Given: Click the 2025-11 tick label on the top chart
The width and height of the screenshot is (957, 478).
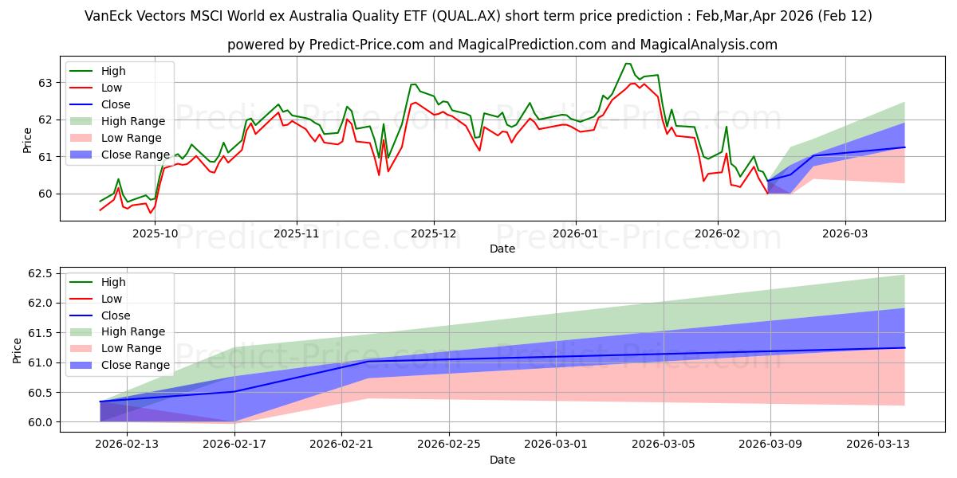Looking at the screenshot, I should click(297, 233).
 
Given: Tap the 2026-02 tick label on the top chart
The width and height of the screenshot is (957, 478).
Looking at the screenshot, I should click(718, 233).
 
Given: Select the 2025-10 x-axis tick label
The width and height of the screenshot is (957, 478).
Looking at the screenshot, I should click(155, 233).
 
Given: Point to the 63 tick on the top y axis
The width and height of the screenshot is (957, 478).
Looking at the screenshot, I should click(44, 83).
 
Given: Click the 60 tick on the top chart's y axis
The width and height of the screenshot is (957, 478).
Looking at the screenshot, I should click(44, 194).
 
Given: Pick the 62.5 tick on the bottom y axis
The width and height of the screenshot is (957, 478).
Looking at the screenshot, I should click(38, 273).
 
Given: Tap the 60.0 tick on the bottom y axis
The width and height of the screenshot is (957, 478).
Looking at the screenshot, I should click(38, 422).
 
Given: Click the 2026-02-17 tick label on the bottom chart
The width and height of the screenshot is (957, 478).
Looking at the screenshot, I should click(234, 445).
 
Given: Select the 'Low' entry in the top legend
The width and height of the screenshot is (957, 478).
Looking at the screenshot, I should click(112, 88).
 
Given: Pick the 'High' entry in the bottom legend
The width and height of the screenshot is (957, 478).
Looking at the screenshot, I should click(113, 282).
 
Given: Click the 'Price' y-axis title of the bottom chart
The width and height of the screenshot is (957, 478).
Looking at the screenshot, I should click(18, 348).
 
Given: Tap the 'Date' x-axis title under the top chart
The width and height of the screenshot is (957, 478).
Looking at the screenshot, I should click(502, 249).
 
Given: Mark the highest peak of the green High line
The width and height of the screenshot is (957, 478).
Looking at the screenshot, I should click(628, 64).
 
